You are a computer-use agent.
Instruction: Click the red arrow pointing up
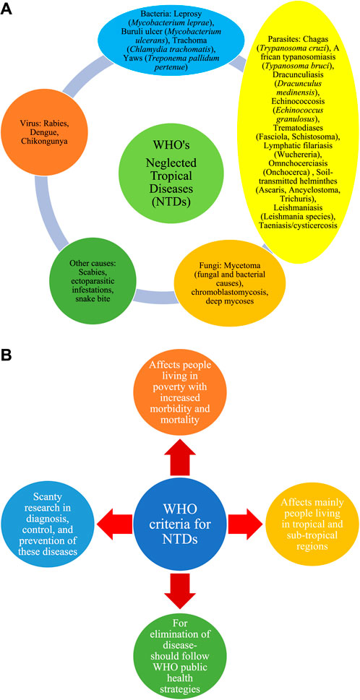tap(179, 457)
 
